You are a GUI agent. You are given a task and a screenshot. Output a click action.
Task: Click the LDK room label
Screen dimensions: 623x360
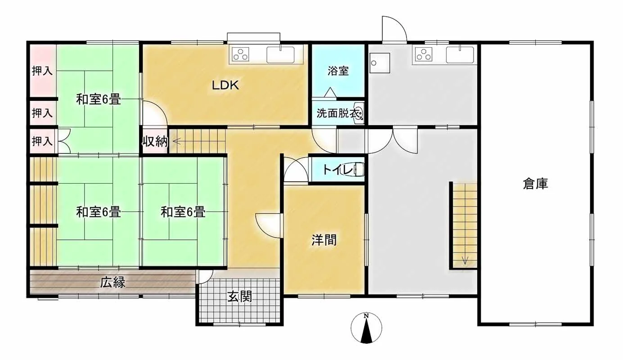(x=225, y=85)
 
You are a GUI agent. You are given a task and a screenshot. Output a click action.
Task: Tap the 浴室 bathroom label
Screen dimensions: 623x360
(x=338, y=71)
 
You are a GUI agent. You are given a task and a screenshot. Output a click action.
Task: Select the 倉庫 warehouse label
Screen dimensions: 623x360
(x=535, y=184)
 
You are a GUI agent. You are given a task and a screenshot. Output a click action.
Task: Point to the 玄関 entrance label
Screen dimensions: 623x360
(x=240, y=297)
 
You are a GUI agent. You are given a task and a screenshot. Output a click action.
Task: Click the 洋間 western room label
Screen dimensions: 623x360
(x=324, y=240)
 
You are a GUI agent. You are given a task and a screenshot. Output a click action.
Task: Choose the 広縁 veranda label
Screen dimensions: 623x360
(x=113, y=283)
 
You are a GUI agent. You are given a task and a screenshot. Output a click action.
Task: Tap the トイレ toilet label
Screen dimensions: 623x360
(x=337, y=170)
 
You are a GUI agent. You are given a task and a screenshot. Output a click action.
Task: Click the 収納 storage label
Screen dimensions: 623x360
(x=155, y=142)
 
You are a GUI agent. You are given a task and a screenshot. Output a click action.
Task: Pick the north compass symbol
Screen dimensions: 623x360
(x=366, y=328)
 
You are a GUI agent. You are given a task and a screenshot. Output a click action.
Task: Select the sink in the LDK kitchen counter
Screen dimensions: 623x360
(x=280, y=55)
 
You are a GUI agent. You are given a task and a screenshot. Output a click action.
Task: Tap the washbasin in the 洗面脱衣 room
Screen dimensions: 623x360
(x=359, y=113)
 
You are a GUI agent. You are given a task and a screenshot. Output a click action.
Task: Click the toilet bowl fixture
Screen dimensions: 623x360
(x=358, y=170)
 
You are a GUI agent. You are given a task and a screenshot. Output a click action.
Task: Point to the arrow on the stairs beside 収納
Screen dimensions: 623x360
(x=177, y=142)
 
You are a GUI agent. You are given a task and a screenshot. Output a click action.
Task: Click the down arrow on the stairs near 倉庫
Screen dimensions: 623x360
(x=465, y=260)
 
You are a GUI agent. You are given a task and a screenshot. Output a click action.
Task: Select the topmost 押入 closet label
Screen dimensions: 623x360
(x=42, y=71)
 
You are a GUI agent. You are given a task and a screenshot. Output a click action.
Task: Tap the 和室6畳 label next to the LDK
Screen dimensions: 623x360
(x=99, y=99)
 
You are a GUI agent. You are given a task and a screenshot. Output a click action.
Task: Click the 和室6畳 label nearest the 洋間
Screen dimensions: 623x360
(x=183, y=212)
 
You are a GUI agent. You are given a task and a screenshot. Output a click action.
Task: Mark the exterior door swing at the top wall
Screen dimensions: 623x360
(x=394, y=29)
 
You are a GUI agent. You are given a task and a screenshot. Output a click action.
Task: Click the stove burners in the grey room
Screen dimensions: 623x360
(x=424, y=54)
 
